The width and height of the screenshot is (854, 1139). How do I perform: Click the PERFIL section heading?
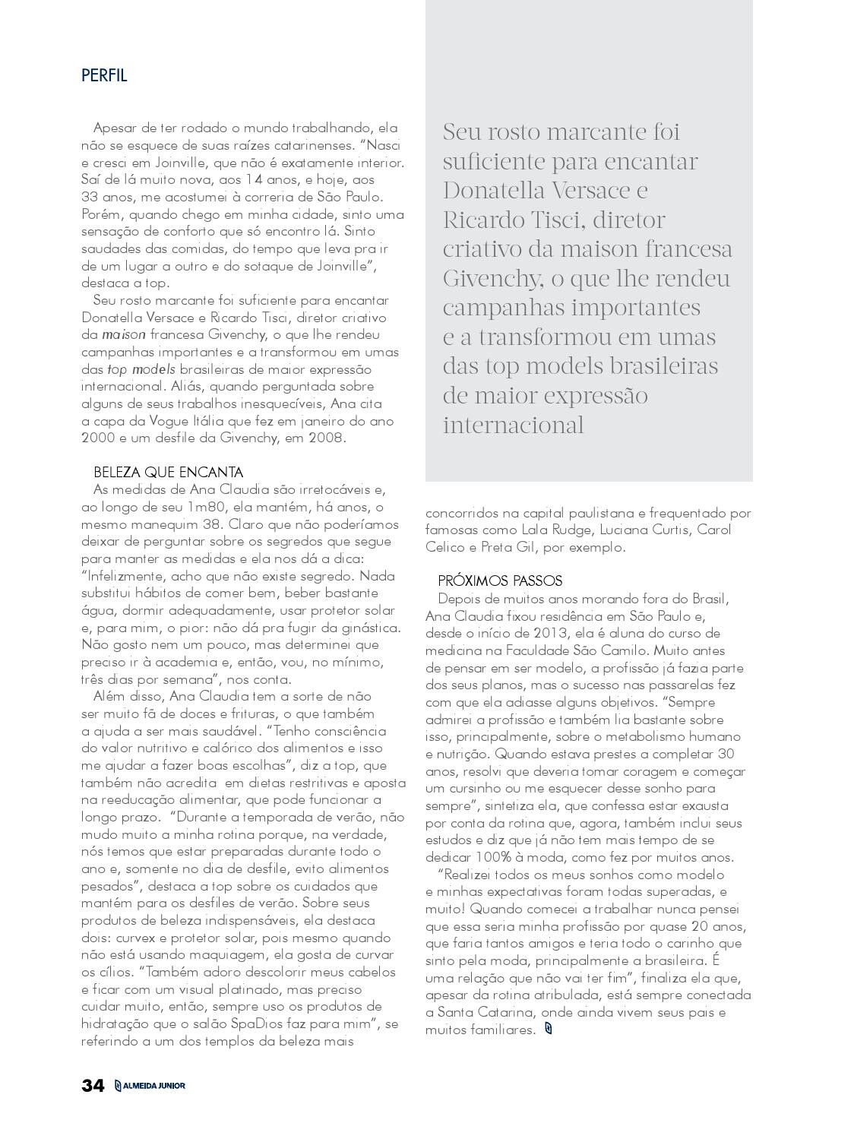(104, 75)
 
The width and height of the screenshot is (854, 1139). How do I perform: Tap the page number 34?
(93, 1086)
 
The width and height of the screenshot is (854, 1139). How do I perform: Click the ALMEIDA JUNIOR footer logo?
(150, 1086)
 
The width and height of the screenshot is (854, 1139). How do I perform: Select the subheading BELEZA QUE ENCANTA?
(168, 473)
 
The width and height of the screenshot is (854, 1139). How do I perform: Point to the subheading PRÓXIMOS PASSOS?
(500, 581)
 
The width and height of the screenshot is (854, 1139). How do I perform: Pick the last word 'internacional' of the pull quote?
(514, 426)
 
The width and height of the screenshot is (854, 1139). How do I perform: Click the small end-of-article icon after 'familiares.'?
(549, 1030)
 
